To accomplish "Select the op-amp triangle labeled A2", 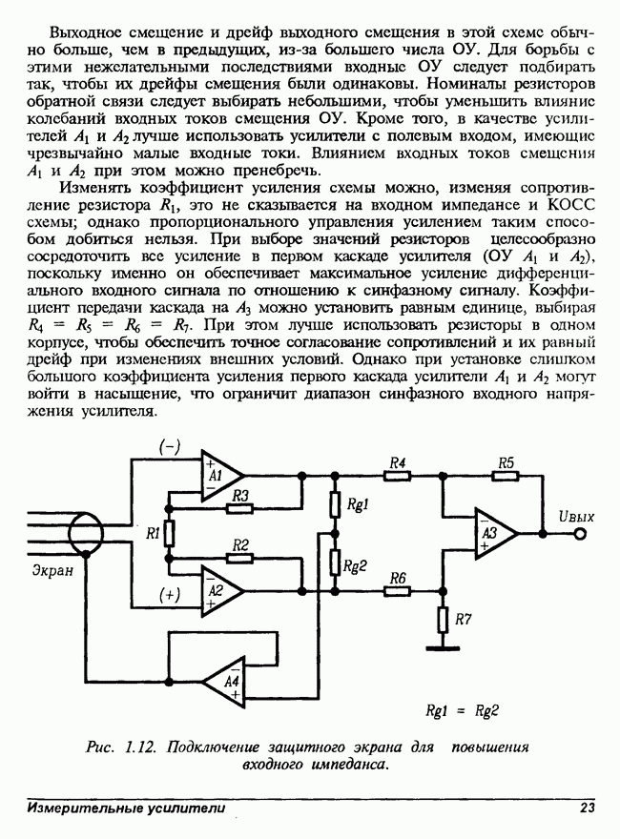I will coord(218,591).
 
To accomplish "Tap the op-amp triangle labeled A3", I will coord(493,533).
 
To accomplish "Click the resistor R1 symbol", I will coord(169,533).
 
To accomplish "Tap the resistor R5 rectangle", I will coord(506,475).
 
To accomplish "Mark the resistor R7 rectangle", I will coord(442,620).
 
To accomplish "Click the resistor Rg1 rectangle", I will coord(334,502).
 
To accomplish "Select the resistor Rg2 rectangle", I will coord(334,563).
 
